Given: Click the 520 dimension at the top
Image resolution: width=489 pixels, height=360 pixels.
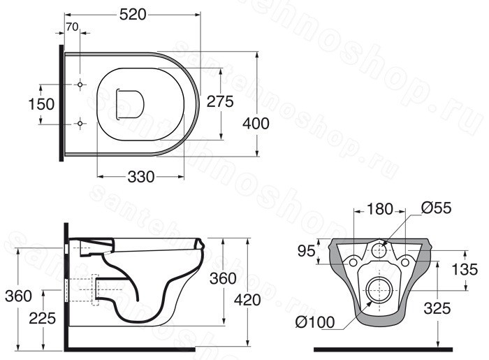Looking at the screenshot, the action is pyautogui.click(x=133, y=15).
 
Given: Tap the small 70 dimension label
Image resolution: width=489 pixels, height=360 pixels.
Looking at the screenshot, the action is pyautogui.click(x=72, y=27).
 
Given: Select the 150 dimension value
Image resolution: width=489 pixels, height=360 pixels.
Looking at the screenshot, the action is pyautogui.click(x=41, y=104).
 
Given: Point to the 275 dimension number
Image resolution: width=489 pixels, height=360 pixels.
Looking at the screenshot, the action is pyautogui.click(x=220, y=101).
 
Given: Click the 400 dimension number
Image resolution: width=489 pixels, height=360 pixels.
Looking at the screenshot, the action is pyautogui.click(x=256, y=124).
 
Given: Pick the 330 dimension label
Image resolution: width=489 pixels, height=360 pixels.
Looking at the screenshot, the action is pyautogui.click(x=141, y=177).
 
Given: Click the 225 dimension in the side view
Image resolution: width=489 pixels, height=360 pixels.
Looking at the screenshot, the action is pyautogui.click(x=43, y=319).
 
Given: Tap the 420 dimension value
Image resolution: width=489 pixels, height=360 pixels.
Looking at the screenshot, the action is pyautogui.click(x=247, y=300).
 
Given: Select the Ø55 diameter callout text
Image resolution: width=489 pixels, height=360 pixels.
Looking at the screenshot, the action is pyautogui.click(x=436, y=208).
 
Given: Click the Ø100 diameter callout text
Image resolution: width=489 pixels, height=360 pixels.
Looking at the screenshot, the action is pyautogui.click(x=315, y=322).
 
